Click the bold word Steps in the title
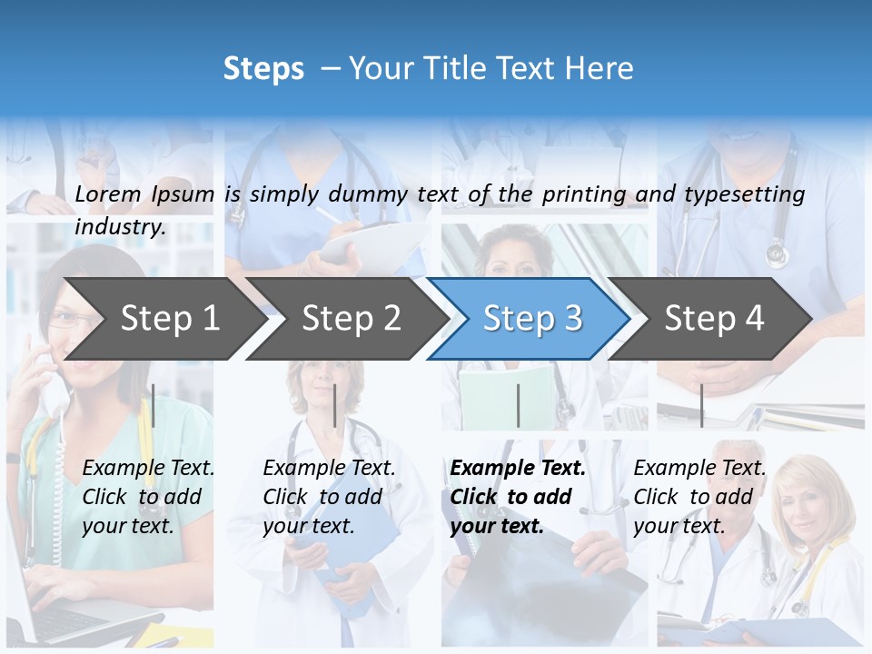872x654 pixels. (x=263, y=69)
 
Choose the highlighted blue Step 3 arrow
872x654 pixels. (x=532, y=319)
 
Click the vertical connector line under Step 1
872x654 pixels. (x=154, y=405)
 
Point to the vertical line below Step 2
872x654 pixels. (x=335, y=405)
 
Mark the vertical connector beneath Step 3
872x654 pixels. (x=518, y=405)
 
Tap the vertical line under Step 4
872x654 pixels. (x=701, y=405)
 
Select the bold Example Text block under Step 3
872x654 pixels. (x=518, y=497)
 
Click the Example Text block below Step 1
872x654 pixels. (x=148, y=497)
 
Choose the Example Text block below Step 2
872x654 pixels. (x=329, y=497)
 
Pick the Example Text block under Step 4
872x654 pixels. (x=699, y=497)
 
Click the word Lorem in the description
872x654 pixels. (x=108, y=194)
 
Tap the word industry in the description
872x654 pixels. (x=120, y=227)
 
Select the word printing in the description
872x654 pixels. (x=584, y=194)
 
